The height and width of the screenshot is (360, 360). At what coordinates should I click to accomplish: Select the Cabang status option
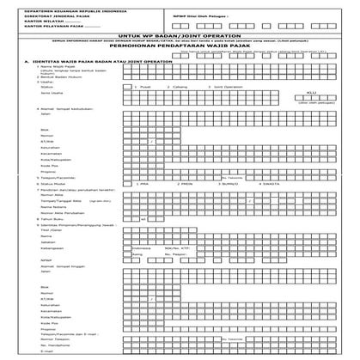[188, 111]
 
